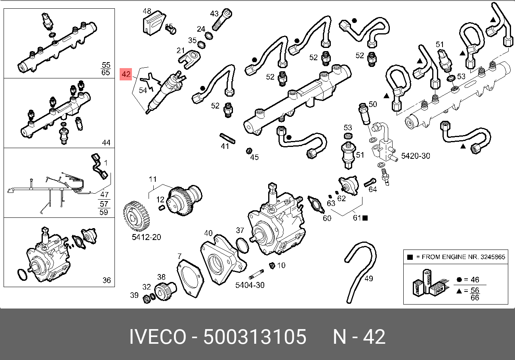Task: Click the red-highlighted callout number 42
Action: point(126,74)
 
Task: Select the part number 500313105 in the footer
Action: point(255,337)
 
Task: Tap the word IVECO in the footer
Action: point(158,337)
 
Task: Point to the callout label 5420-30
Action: point(416,156)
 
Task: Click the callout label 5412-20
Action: point(147,237)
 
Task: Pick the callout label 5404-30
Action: point(250,285)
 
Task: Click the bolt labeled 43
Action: point(221,20)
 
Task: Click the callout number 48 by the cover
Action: point(147,11)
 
